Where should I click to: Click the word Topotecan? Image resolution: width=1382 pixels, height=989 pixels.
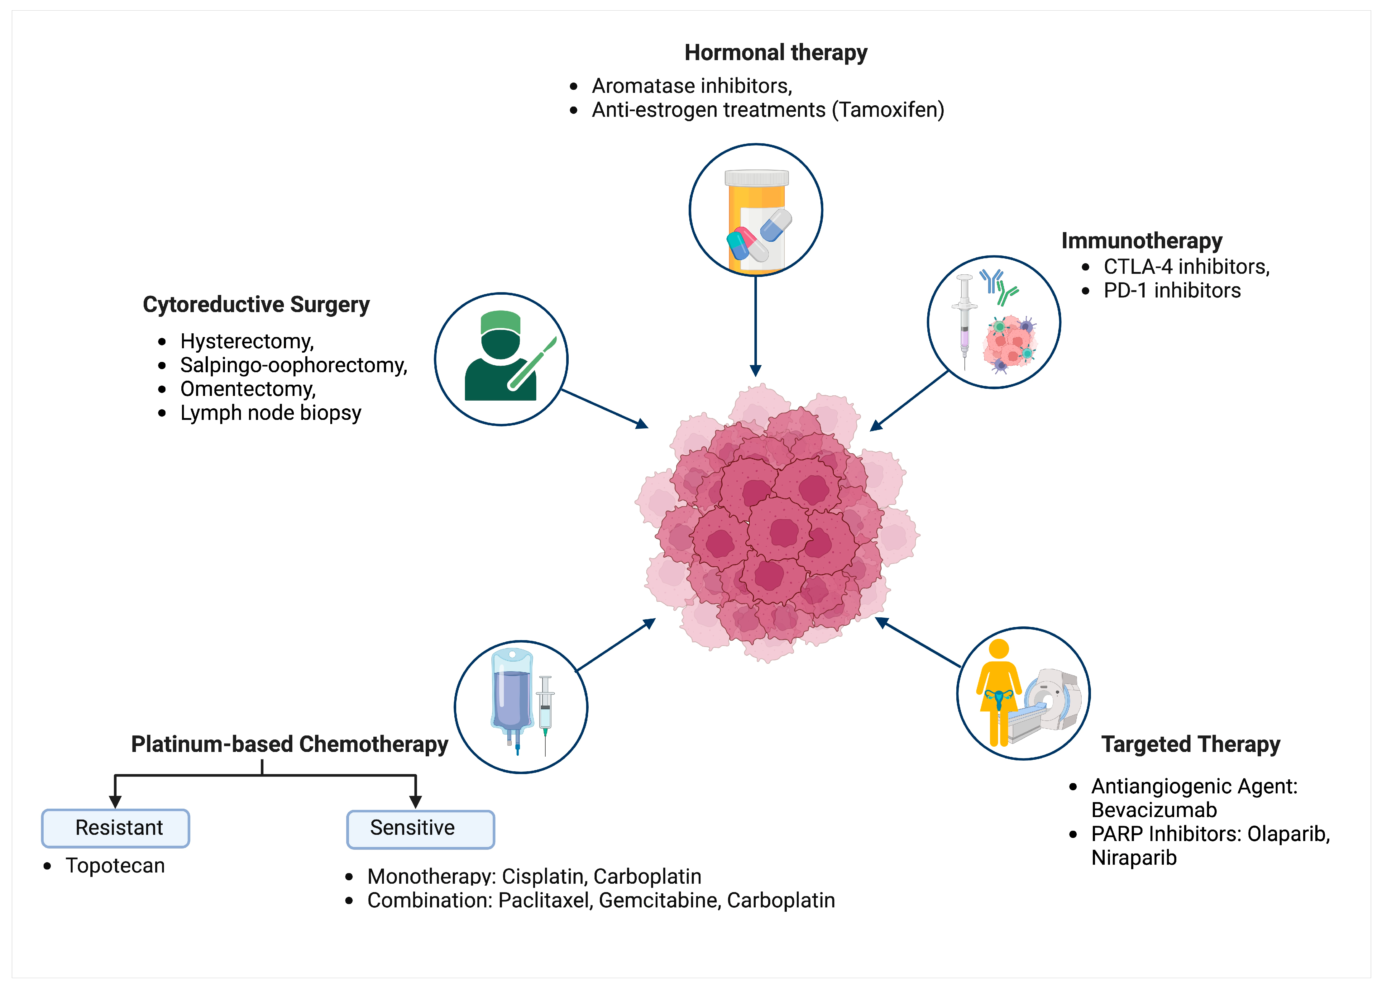pos(115,865)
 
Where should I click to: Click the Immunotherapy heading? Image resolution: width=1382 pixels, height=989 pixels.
pos(1141,241)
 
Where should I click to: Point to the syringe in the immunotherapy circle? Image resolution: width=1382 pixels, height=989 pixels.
pos(964,320)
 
